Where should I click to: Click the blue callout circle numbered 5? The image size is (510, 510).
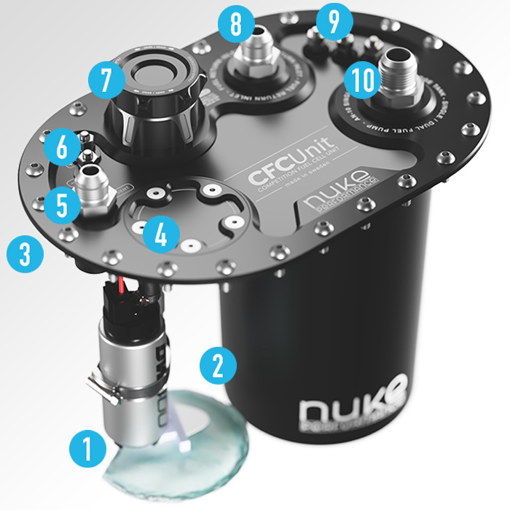(x=60, y=205)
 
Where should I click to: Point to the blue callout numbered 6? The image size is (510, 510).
(x=61, y=148)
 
